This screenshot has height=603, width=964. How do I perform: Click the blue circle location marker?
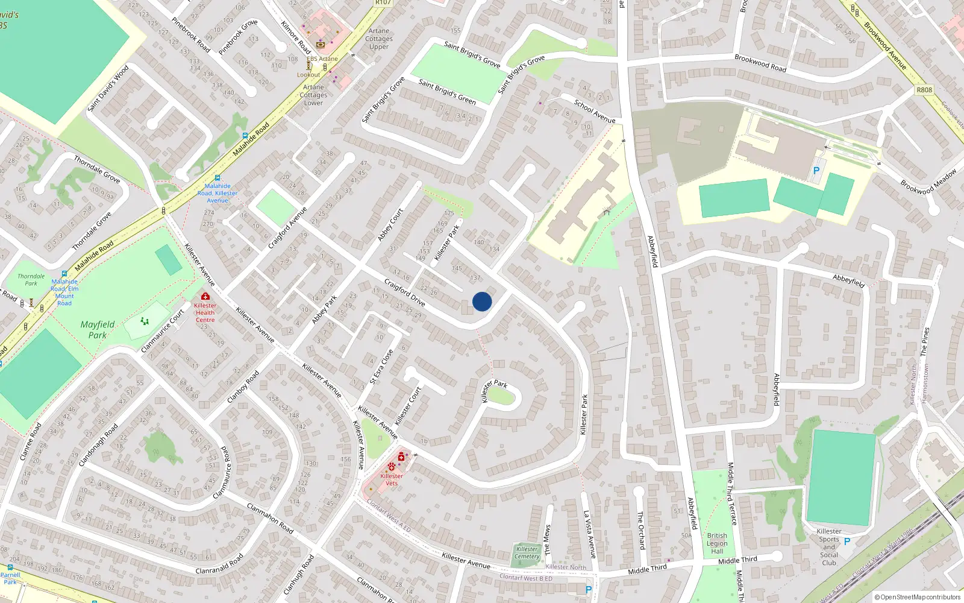(x=482, y=301)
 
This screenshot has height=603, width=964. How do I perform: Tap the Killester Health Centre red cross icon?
(x=205, y=297)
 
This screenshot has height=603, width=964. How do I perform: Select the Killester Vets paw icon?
(x=392, y=467)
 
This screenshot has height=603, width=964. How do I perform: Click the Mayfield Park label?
(x=97, y=330)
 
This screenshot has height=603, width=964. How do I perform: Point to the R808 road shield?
(x=924, y=90)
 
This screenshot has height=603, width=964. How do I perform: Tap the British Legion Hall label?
(x=717, y=543)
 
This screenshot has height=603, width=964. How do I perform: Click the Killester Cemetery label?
(x=527, y=552)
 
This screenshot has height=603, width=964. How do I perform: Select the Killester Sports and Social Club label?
(x=829, y=547)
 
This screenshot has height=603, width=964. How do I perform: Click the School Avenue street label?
(x=595, y=112)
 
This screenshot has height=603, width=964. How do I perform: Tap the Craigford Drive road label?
(x=405, y=292)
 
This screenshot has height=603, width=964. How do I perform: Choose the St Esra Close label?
(x=381, y=367)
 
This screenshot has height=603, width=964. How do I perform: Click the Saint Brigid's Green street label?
(x=447, y=92)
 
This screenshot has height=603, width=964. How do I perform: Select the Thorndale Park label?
(x=31, y=280)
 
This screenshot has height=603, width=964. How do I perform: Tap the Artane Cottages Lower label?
(x=313, y=95)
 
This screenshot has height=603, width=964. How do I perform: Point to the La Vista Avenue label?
(x=590, y=534)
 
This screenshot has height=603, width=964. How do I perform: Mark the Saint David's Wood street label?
(x=108, y=89)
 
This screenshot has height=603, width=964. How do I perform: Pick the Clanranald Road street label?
(x=220, y=564)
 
